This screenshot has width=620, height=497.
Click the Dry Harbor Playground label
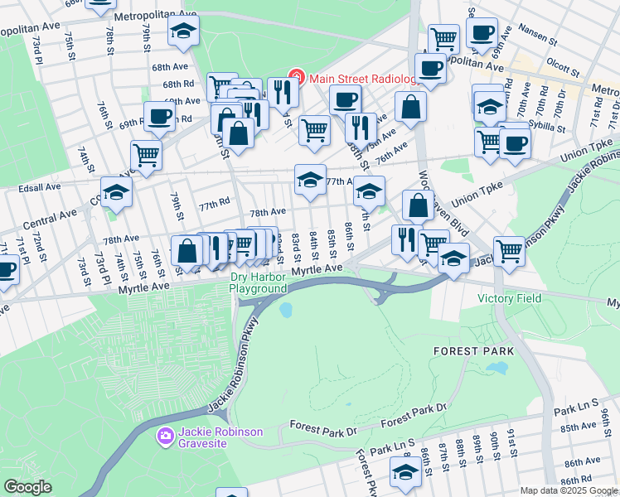coord(258,282)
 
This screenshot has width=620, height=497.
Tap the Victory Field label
coord(509,298)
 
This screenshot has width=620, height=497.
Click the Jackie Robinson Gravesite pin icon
coord(166,436)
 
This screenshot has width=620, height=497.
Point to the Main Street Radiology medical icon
coord(294,80)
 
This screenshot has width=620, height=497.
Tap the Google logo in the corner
coord(27,487)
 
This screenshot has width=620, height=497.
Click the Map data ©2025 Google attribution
coord(569,490)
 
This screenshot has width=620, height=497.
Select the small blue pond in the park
coord(286,311)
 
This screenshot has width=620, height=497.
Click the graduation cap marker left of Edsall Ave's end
coord(116,192)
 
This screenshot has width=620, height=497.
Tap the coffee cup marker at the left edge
coord(7,269)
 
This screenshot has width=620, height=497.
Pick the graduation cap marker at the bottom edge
coord(405,473)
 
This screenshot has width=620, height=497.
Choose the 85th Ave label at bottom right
coord(579,427)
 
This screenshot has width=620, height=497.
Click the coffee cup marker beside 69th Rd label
coord(159,116)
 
